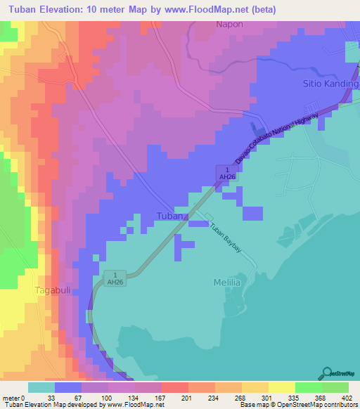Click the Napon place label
(x=229, y=23)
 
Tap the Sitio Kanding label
(x=330, y=83)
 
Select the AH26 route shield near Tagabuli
(x=115, y=278)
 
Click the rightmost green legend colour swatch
(x=335, y=387)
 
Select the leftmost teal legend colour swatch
(x=41, y=387)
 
